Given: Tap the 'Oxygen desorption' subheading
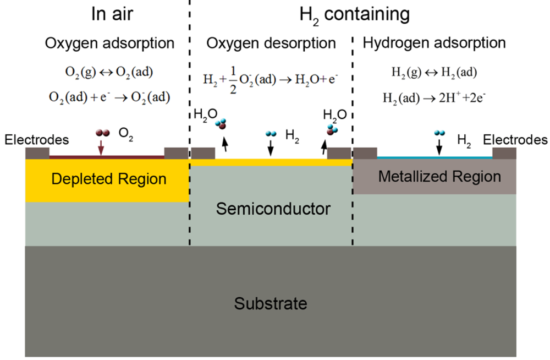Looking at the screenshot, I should coord(271,43).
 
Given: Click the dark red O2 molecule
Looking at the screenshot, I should coord(102,133).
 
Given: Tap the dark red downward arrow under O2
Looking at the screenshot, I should coord(101,147).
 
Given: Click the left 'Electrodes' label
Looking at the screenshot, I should coord(36,140).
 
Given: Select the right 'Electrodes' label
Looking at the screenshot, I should coord(515,140).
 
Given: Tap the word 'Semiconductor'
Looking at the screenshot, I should coord(273,209).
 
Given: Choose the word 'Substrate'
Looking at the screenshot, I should coord(271,303).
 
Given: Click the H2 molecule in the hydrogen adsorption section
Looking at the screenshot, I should coord(439,133).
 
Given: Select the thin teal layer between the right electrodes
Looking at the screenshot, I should coord(435,157).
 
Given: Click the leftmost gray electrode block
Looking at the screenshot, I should coord(37,152).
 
